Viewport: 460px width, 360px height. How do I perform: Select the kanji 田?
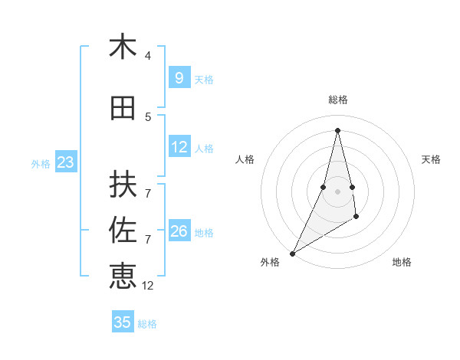[x=123, y=108]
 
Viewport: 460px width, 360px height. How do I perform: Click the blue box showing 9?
[x=179, y=78]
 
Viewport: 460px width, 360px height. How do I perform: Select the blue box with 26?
[x=179, y=231]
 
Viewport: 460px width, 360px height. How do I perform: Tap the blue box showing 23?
[x=65, y=162]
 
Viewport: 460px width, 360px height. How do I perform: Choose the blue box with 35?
[x=123, y=322]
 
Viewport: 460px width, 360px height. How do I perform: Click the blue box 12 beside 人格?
[x=179, y=147]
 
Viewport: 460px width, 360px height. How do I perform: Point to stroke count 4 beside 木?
[x=148, y=56]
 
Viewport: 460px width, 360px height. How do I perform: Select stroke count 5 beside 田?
[x=148, y=117]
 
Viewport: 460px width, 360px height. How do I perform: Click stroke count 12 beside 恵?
[x=148, y=285]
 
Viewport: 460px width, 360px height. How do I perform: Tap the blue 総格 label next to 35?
[x=147, y=324]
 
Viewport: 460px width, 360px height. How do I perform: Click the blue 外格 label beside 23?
[x=41, y=163]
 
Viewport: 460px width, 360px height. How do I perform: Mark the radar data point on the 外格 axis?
[x=292, y=253]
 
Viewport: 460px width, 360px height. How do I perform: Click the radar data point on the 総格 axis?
[x=337, y=130]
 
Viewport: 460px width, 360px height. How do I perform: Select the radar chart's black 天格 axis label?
[x=432, y=159]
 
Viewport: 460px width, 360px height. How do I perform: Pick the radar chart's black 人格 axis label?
[x=245, y=159]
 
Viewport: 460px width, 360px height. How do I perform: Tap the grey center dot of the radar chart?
[x=337, y=191]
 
